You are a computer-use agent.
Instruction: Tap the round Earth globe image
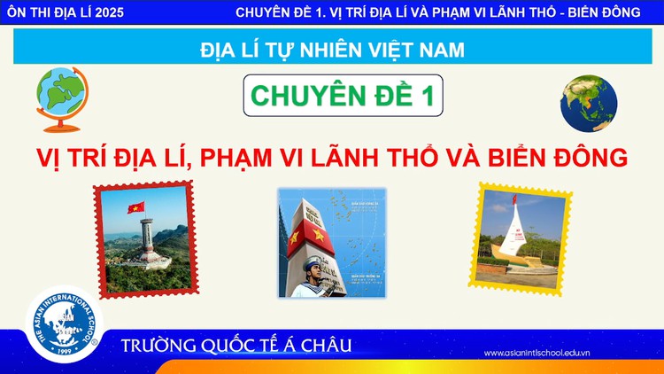(x=588, y=102)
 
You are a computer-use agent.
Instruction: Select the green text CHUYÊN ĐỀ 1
(x=343, y=97)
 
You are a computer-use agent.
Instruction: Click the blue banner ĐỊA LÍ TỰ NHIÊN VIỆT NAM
(x=332, y=50)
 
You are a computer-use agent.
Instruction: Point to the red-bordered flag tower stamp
(x=144, y=237)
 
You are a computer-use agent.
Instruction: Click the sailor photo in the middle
(x=332, y=241)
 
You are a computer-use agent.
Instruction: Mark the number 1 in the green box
(x=428, y=97)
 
